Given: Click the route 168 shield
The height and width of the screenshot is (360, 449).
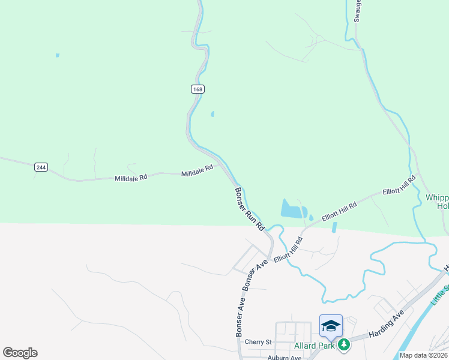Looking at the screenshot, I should (x=198, y=89).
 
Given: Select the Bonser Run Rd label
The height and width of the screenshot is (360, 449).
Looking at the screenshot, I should (x=249, y=209).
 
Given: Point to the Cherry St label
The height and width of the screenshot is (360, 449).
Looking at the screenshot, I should (x=259, y=342).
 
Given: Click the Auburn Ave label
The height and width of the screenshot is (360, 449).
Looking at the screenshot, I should (x=284, y=358).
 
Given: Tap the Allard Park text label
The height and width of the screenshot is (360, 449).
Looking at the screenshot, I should (x=313, y=346).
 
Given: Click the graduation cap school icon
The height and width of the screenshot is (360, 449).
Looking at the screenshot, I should (x=331, y=325).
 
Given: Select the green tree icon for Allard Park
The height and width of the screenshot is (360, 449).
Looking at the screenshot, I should (x=344, y=345).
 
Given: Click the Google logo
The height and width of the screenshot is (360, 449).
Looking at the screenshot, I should (x=20, y=353).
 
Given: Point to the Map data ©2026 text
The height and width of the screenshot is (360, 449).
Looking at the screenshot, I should (x=423, y=355).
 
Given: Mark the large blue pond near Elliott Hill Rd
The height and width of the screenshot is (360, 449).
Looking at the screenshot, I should (x=292, y=209).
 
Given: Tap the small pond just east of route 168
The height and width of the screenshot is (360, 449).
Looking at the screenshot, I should (x=212, y=113).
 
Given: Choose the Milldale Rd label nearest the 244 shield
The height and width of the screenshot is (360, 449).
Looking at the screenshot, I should (x=131, y=178).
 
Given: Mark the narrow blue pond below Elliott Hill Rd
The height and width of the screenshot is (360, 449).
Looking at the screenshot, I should (x=334, y=227).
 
